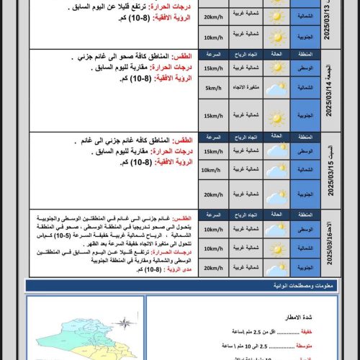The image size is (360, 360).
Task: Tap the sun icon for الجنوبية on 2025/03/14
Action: [277, 116]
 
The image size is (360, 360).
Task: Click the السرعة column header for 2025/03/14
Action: [212, 55]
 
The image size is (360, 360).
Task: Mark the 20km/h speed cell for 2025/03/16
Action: [212, 266]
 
